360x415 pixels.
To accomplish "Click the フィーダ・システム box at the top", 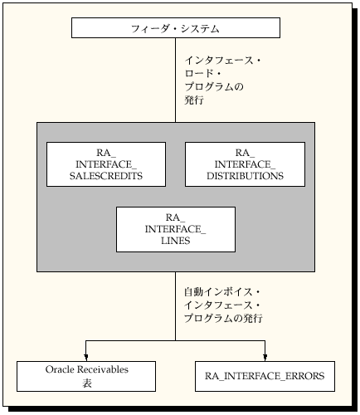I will coord(175,28).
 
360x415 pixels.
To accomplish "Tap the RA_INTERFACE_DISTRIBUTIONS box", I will coord(244,164).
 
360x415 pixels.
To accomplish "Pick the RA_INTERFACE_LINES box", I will coord(175,229).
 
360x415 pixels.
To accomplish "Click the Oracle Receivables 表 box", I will coord(85,375).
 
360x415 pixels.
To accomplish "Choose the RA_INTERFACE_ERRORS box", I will coord(265,376).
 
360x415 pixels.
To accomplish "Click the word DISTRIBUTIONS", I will coord(244,176).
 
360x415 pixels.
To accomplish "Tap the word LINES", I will coord(175,241).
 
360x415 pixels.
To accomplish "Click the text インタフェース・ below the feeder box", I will coord(222,61).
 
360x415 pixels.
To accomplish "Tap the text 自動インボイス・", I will coord(221,292).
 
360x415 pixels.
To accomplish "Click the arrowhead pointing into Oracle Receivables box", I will coord(85,355).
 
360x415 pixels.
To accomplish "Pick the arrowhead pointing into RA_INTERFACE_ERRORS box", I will coord(265,355).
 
